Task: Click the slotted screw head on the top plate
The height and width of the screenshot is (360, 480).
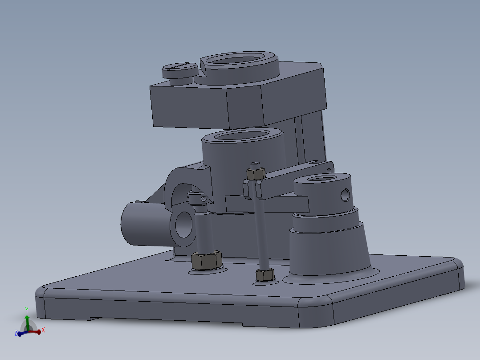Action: (x=179, y=69)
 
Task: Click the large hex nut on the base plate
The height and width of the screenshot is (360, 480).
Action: (x=207, y=260)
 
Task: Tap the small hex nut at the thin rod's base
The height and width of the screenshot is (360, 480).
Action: (x=265, y=275)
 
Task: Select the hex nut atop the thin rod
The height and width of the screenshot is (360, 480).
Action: (x=256, y=173)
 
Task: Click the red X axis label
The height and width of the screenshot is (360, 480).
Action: (x=43, y=331)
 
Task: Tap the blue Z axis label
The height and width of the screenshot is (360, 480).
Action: (x=16, y=333)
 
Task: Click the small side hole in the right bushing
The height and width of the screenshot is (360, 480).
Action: (x=345, y=194)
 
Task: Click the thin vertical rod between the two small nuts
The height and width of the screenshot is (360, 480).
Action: (x=261, y=232)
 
